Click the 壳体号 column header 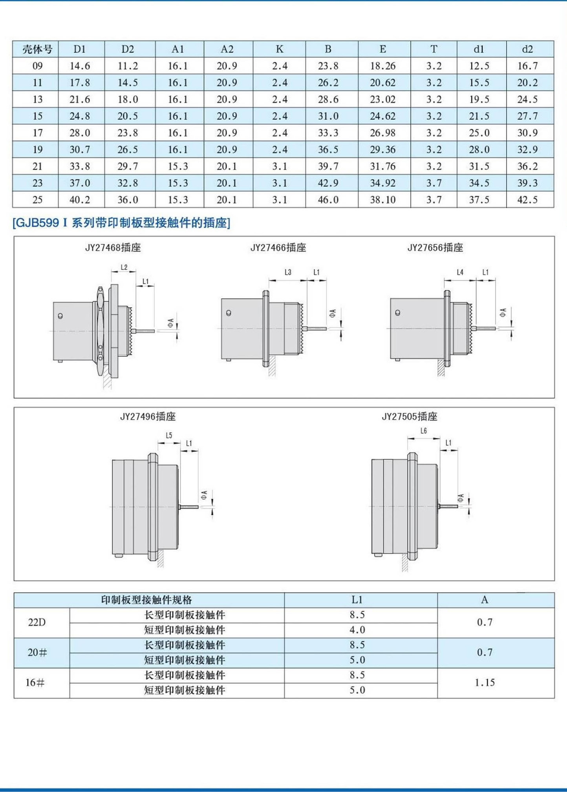37,49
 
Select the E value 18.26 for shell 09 382,66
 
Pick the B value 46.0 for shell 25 328,200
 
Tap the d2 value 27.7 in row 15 527,116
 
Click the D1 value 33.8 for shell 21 80,166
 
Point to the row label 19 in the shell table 37,150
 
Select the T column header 433,49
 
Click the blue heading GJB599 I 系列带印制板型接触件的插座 121,223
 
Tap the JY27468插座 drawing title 113,248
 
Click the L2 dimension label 124,267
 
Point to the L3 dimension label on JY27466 288,272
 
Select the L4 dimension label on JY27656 460,272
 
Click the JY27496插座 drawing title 148,416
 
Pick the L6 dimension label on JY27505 424,431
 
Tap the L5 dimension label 169,435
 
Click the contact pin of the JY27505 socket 448,506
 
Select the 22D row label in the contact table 37,622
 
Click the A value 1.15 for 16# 485,683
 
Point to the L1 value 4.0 357,630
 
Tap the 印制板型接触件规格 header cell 146,600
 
